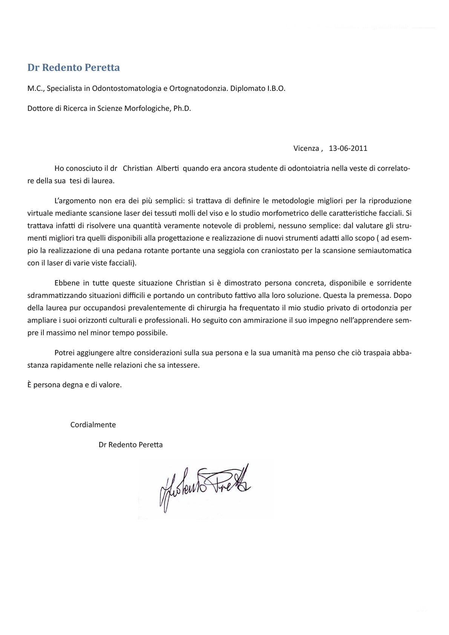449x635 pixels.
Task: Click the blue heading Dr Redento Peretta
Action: [x=74, y=67]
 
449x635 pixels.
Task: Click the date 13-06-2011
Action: [x=348, y=148]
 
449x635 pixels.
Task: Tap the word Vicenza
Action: [x=306, y=148]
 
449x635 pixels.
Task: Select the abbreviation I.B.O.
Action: [x=276, y=89]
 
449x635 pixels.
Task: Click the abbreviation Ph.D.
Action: [x=182, y=109]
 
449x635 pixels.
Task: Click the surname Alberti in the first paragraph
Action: [x=167, y=168]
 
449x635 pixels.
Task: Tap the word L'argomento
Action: [x=75, y=201]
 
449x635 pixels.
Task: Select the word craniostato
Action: [x=278, y=251]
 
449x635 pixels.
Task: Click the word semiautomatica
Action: [x=381, y=251]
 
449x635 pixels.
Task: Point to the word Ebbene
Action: [x=66, y=283]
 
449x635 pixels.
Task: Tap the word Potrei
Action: [x=64, y=353]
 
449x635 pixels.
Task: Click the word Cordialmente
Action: [x=93, y=425]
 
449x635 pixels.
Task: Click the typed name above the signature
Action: [x=130, y=445]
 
